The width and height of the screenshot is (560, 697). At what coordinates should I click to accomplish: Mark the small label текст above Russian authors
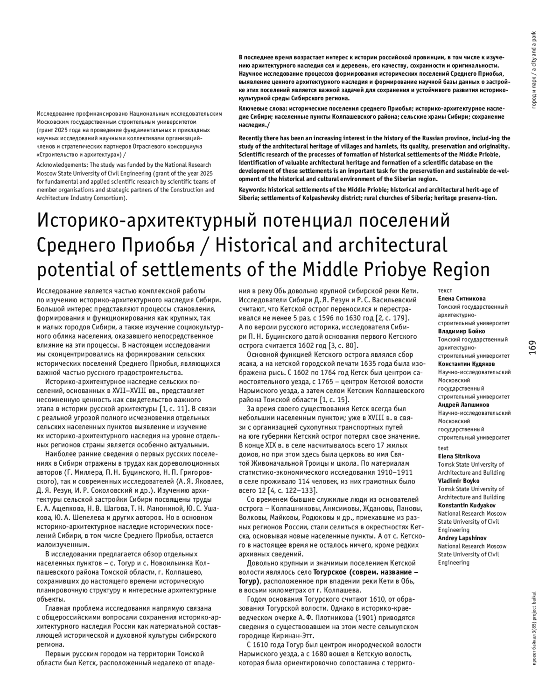pos(445,290)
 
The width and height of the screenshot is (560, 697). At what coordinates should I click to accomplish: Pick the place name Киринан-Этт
pos(294,636)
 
